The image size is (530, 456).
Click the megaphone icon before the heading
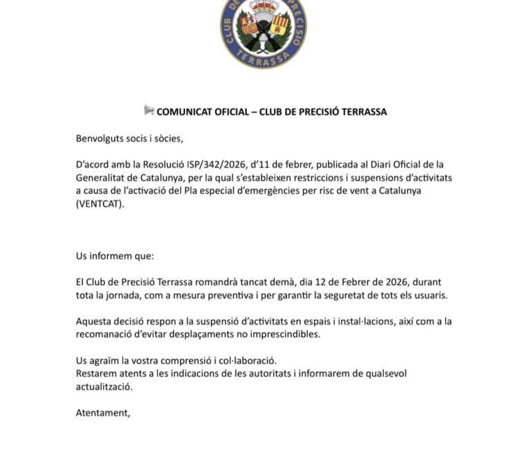click(149, 111)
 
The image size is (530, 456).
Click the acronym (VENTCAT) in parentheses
click(103, 203)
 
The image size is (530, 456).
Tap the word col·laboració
click(247, 361)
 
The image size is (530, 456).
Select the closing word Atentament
click(103, 413)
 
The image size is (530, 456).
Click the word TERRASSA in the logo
click(264, 58)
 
